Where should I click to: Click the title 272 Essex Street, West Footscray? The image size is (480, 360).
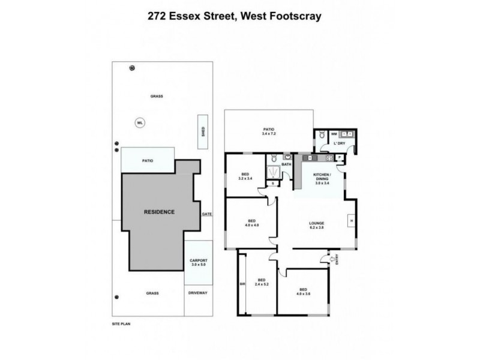[x=239, y=17]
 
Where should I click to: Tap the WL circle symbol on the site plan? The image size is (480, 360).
[x=140, y=123]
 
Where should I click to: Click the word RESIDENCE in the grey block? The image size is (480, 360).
[x=159, y=212]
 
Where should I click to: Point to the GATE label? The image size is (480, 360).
[x=208, y=214]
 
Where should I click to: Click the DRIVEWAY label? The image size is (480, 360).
[x=197, y=293]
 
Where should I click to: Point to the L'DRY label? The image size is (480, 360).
[x=340, y=144]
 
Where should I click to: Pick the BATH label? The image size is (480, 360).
[x=286, y=164]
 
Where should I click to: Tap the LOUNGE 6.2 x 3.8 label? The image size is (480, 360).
[x=316, y=226]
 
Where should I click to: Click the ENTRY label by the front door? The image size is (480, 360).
[x=337, y=259]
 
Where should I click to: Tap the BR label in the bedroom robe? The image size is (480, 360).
[x=242, y=284]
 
